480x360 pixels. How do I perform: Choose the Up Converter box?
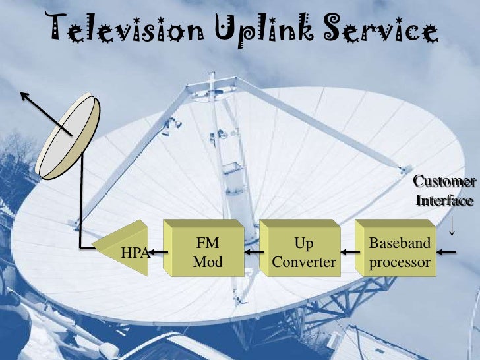coord(303,252)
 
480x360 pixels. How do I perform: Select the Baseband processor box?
coord(399,252)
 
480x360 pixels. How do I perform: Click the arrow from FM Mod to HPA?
coord(157,251)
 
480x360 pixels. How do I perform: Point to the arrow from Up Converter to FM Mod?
coord(253,251)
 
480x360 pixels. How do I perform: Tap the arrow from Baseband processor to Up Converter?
coord(348,251)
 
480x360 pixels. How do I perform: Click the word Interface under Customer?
coord(444,199)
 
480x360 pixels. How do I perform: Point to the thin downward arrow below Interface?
coord(452,225)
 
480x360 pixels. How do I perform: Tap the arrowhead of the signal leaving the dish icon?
coord(24,96)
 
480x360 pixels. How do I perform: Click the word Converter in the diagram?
coord(304,262)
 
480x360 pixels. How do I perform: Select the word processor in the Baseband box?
coord(400,262)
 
